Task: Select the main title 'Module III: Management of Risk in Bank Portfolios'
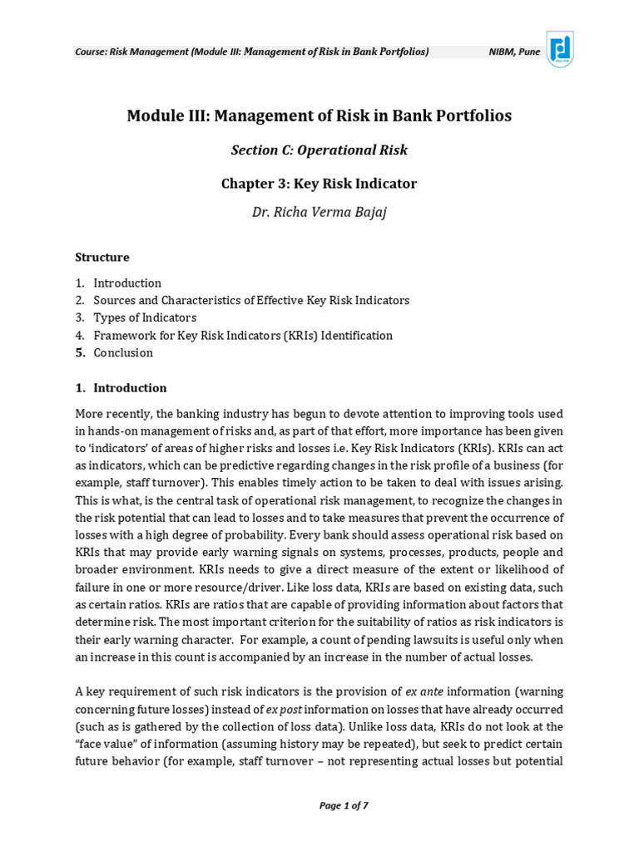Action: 319,116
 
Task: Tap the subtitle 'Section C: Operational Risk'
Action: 319,150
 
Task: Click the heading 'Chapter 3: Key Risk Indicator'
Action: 319,184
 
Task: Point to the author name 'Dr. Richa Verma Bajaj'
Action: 319,212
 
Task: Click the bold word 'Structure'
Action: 102,257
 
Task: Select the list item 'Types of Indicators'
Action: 145,317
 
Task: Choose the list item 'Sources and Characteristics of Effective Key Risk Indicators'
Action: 251,300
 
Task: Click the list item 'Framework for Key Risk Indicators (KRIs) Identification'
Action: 243,336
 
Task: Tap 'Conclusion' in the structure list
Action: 123,353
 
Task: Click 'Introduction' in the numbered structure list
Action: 127,283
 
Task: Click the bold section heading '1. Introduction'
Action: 121,388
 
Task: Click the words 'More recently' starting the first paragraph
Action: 109,414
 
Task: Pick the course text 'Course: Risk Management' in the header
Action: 131,52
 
